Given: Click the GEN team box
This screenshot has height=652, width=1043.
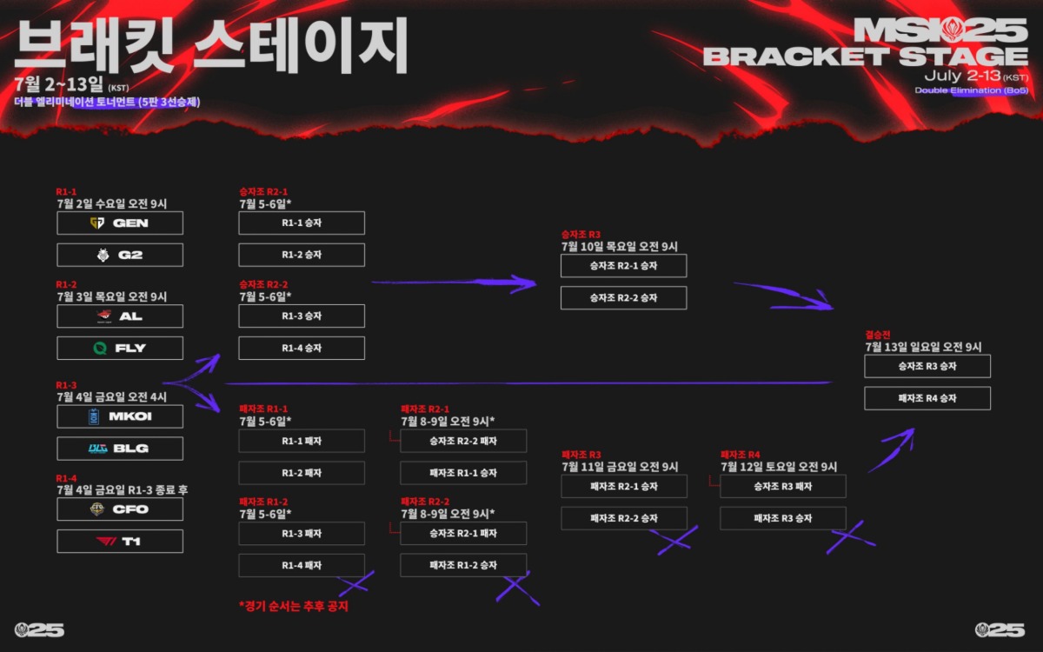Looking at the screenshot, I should (x=120, y=223).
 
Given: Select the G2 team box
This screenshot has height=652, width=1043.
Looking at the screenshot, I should (x=120, y=255).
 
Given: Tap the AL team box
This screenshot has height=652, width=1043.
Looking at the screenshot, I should (x=120, y=316).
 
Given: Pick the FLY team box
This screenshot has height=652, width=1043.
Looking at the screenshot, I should (x=120, y=348).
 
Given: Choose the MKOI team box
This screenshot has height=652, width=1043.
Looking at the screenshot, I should (x=120, y=416).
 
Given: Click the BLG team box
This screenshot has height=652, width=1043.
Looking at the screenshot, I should (x=120, y=449).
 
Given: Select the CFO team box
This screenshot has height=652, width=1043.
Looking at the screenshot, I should (x=120, y=509).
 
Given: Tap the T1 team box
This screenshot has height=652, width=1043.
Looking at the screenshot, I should (x=120, y=541).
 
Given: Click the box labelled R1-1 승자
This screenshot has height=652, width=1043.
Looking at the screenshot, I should (x=302, y=223).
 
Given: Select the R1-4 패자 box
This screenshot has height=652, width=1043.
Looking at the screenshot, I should (x=302, y=565).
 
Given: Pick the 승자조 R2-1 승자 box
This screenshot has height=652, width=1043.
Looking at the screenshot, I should (x=623, y=266).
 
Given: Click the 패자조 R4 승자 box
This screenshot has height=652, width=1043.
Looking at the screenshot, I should (x=927, y=398).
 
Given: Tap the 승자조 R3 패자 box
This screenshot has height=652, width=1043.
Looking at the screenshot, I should (x=782, y=487).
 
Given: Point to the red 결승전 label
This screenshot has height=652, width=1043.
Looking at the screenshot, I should (x=878, y=334).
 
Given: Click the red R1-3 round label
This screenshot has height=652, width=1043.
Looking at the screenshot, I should (x=67, y=384).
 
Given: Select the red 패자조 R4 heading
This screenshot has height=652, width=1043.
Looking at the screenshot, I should (x=741, y=455).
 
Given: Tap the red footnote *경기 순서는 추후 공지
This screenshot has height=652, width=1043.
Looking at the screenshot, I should (x=293, y=606).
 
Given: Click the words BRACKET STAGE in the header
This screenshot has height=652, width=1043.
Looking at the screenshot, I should (x=865, y=57).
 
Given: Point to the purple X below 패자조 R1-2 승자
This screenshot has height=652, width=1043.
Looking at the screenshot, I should (x=517, y=587).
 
